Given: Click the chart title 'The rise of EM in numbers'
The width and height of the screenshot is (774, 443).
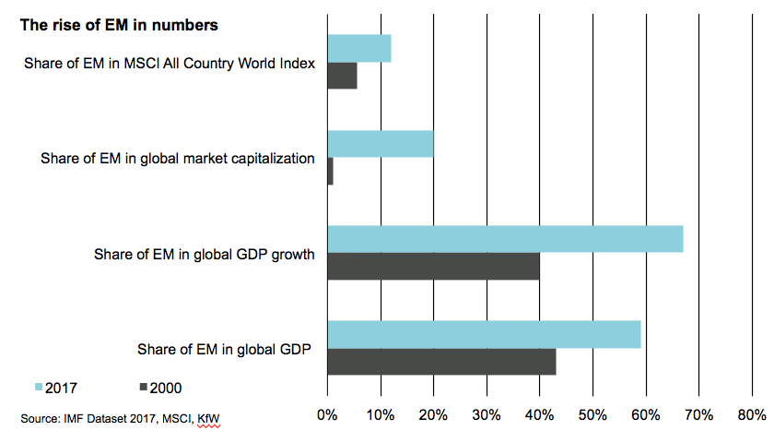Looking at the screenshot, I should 119,25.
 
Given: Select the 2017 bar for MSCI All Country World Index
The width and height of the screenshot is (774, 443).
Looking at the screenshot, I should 359,48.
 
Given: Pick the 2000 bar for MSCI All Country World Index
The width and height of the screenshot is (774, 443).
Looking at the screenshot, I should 342,76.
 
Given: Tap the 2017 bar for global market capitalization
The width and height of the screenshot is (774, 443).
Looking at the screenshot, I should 381,143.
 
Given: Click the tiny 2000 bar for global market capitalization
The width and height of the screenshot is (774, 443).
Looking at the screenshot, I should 330,171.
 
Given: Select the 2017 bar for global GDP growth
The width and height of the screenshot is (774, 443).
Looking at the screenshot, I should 505,238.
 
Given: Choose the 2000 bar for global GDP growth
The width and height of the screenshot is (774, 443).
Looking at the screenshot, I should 433,266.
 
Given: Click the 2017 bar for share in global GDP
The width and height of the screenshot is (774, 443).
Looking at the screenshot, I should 484,334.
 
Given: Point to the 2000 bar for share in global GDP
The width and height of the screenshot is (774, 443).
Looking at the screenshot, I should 441,361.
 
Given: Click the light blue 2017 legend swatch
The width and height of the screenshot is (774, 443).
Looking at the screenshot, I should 38,387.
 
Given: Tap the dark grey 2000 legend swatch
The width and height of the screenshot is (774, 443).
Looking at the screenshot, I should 144,387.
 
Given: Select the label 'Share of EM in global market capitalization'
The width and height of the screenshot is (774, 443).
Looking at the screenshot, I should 178,158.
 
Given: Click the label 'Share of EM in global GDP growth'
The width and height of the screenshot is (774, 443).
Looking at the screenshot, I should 205,253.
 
